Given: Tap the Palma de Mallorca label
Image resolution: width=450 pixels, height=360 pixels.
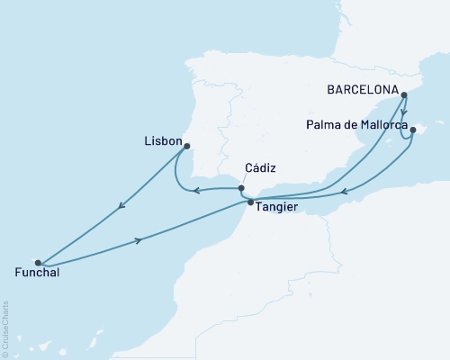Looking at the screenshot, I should click(x=355, y=125).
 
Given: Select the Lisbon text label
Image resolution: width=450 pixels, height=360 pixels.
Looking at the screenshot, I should click(x=162, y=141).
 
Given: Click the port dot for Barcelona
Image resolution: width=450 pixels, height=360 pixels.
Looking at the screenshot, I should click(x=404, y=94).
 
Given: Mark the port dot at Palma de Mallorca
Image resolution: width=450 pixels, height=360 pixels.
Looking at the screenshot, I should click(x=412, y=130).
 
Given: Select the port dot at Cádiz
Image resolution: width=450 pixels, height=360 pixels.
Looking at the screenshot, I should click(x=240, y=188).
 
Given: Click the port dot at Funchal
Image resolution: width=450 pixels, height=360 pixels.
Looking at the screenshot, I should click(x=38, y=263).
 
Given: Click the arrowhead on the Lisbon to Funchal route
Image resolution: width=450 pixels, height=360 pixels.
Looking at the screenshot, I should click(x=121, y=209).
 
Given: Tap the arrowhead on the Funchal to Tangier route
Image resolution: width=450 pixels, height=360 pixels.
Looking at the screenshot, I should click(x=139, y=239).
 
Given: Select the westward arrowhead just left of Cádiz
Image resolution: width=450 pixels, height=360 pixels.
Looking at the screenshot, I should click(x=198, y=189).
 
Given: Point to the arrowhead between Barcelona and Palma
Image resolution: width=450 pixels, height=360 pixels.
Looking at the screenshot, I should click(x=404, y=115).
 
